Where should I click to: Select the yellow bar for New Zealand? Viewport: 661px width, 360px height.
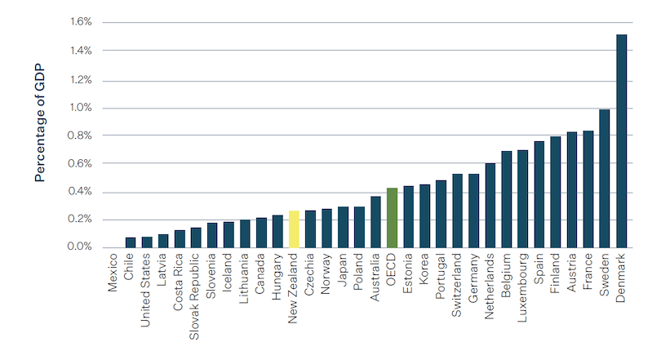coord(294,229)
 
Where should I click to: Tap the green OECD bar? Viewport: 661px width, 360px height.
coord(392,218)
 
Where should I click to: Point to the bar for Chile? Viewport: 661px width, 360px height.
coord(131,242)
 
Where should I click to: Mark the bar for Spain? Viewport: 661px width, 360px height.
coord(539,194)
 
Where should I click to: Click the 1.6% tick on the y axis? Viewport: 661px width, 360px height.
coord(82,23)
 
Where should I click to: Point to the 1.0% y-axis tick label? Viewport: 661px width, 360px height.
coord(82,108)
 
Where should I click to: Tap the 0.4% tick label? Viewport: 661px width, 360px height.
coord(82,192)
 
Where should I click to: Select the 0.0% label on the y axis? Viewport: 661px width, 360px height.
coord(82,247)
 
